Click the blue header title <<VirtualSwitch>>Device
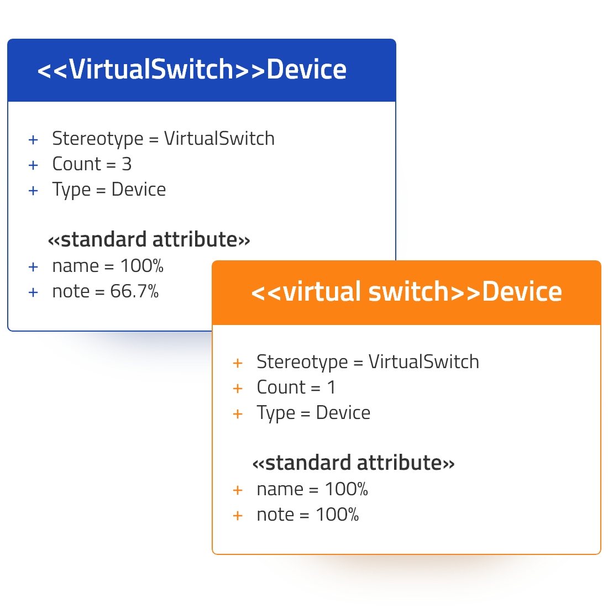pyautogui.click(x=192, y=70)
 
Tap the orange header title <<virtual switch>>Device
pyautogui.click(x=406, y=292)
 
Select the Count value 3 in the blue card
pyautogui.click(x=127, y=164)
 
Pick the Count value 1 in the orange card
pyautogui.click(x=331, y=387)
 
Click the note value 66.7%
pyautogui.click(x=134, y=291)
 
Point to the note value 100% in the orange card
pyautogui.click(x=337, y=515)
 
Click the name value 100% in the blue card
pyautogui.click(x=142, y=266)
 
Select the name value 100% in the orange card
pyautogui.click(x=346, y=489)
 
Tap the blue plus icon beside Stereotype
pyautogui.click(x=33, y=140)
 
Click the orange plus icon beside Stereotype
pyautogui.click(x=238, y=363)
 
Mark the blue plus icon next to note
pyautogui.click(x=33, y=292)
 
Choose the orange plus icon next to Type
pyautogui.click(x=238, y=414)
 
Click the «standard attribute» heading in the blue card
pyautogui.click(x=149, y=239)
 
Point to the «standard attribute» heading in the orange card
pyautogui.click(x=353, y=463)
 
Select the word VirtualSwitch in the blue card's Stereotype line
pyautogui.click(x=219, y=138)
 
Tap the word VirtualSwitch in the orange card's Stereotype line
pyautogui.click(x=423, y=362)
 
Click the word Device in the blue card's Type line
pyautogui.click(x=138, y=190)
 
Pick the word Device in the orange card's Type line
pyautogui.click(x=343, y=412)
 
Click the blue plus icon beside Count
pyautogui.click(x=33, y=165)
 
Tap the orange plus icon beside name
pyautogui.click(x=238, y=490)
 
